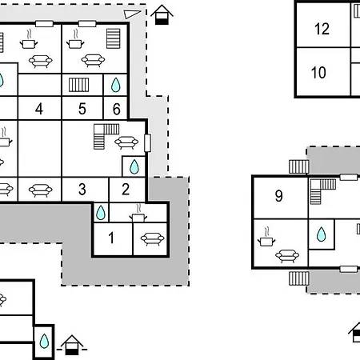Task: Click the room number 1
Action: (111, 238)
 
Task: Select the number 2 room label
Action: (126, 189)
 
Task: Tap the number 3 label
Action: (82, 189)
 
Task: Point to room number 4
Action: (39, 109)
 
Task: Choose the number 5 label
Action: (82, 109)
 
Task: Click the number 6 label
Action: (116, 109)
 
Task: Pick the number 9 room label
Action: (278, 196)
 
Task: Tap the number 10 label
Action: (318, 72)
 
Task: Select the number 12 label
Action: (322, 29)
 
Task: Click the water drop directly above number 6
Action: (116, 85)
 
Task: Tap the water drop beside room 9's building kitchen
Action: (321, 234)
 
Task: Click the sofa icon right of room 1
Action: (152, 239)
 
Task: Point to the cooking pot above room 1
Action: (138, 214)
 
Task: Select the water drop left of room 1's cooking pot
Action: (101, 213)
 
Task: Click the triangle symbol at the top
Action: (131, 14)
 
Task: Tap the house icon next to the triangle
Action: (162, 15)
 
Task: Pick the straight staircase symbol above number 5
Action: (78, 85)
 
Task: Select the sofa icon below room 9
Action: (287, 256)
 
